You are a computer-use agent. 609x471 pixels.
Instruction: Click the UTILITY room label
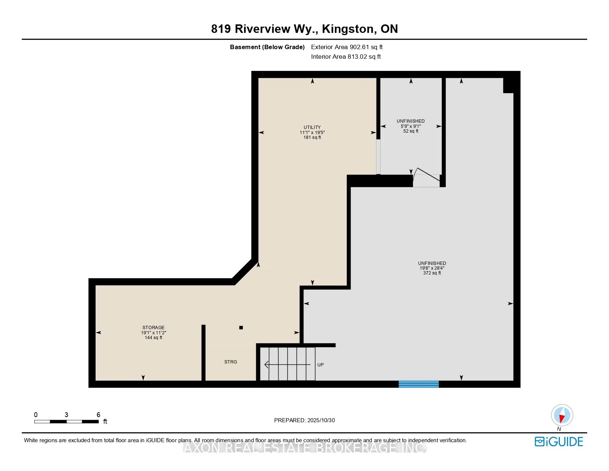312,127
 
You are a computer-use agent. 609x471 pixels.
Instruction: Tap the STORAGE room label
153,328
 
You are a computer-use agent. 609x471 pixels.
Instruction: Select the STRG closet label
231,362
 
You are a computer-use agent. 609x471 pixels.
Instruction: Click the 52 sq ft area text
411,131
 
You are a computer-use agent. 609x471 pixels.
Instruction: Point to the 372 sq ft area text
432,273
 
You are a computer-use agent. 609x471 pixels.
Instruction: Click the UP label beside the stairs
320,365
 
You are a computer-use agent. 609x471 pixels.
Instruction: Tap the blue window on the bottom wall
419,384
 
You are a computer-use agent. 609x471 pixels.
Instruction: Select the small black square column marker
241,328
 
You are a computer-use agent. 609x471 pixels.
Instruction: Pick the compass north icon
562,415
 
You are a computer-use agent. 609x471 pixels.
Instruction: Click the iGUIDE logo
559,442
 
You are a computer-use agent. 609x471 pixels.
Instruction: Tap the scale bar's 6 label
98,415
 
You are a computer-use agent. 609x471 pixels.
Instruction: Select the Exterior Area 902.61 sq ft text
347,47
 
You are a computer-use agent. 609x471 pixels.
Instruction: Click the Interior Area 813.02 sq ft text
346,57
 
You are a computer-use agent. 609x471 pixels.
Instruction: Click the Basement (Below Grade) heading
267,47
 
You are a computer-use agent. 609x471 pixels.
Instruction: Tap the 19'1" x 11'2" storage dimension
153,333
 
